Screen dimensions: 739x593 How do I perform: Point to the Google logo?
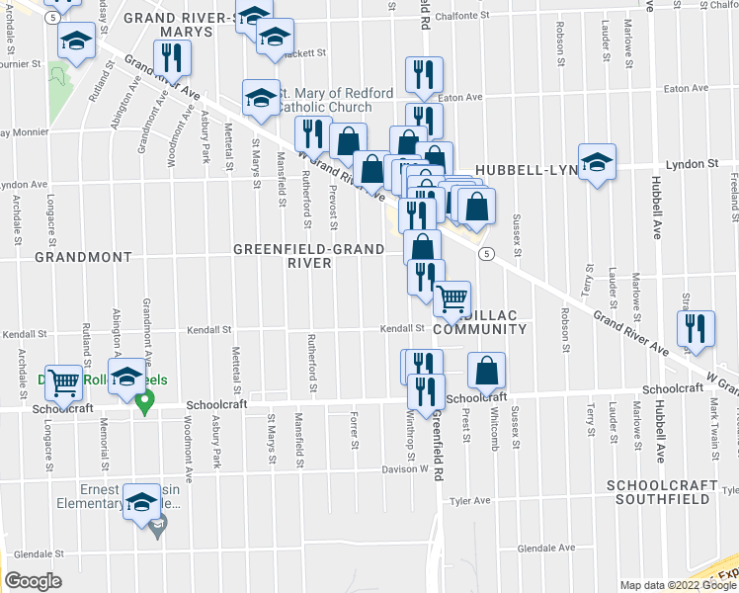(34, 580)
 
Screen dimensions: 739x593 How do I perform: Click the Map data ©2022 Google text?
(677, 585)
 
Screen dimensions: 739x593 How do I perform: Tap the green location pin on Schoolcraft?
(144, 403)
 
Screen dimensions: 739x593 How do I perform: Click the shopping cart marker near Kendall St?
(452, 297)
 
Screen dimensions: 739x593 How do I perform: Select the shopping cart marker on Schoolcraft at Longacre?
(64, 382)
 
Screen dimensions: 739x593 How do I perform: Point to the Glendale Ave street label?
(539, 548)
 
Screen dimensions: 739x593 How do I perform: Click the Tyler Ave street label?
(470, 501)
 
